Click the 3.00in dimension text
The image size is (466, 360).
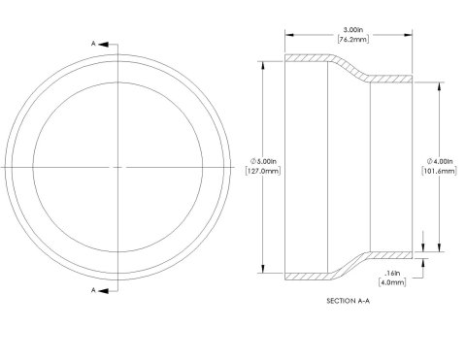[x=353, y=30]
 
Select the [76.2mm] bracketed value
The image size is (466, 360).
[x=353, y=40]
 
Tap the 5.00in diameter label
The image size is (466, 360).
[x=263, y=161]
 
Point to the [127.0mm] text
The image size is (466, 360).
[x=263, y=171]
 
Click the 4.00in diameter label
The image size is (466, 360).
[x=440, y=161]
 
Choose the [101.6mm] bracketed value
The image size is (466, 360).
[x=440, y=171]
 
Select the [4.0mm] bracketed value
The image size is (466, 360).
[x=392, y=282]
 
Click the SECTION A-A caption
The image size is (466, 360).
[x=349, y=301]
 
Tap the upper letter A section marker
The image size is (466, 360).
[x=93, y=44]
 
